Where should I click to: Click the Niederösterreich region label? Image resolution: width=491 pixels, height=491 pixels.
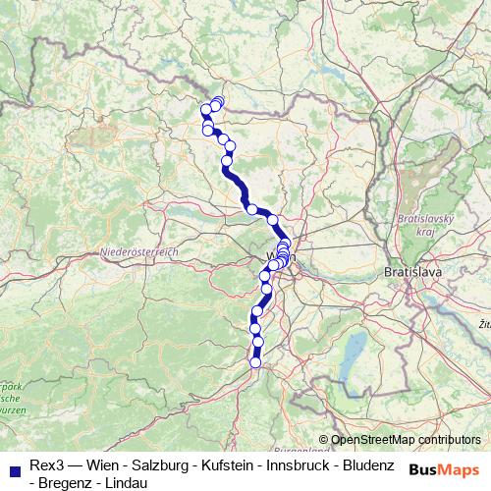click(138, 253)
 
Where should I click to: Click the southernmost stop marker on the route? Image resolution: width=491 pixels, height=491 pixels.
click(256, 362)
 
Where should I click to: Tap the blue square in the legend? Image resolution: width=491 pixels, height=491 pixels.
click(14, 465)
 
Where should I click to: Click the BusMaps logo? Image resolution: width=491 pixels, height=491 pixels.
click(444, 470)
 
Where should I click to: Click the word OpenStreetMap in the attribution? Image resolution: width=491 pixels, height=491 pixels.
click(371, 439)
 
